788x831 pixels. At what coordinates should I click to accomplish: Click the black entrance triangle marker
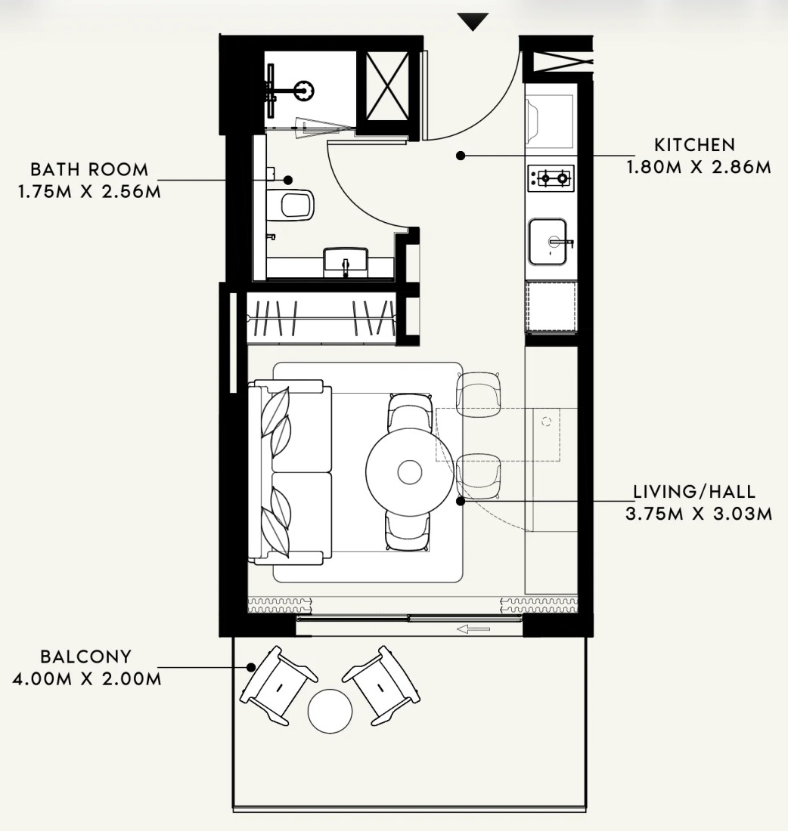pyautogui.click(x=473, y=22)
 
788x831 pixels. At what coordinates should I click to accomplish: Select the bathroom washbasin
pyautogui.click(x=346, y=261)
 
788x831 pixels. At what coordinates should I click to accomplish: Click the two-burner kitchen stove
pyautogui.click(x=551, y=178)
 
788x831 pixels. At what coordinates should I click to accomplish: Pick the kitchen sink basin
pyautogui.click(x=548, y=241)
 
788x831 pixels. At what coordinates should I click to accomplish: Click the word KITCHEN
pyautogui.click(x=695, y=145)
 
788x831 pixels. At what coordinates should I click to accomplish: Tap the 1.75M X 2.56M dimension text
pyautogui.click(x=89, y=191)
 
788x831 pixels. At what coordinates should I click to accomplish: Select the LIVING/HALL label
pyautogui.click(x=695, y=491)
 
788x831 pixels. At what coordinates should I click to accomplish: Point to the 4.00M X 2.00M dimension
pyautogui.click(x=86, y=678)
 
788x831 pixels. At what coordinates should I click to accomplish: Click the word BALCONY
pyautogui.click(x=86, y=656)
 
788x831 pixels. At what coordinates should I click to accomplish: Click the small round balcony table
pyautogui.click(x=330, y=711)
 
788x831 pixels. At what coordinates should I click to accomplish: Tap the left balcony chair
pyautogui.click(x=278, y=685)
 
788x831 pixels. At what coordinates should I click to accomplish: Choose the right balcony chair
pyautogui.click(x=381, y=685)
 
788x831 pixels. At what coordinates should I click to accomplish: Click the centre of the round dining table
pyautogui.click(x=410, y=472)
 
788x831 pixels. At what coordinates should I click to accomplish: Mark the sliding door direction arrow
pyautogui.click(x=473, y=629)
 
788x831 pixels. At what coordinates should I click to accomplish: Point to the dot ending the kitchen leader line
pyautogui.click(x=461, y=156)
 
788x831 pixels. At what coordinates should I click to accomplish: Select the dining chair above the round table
pyautogui.click(x=410, y=412)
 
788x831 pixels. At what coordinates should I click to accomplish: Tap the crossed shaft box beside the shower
pyautogui.click(x=387, y=86)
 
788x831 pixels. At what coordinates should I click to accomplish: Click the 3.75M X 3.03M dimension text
pyautogui.click(x=699, y=514)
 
